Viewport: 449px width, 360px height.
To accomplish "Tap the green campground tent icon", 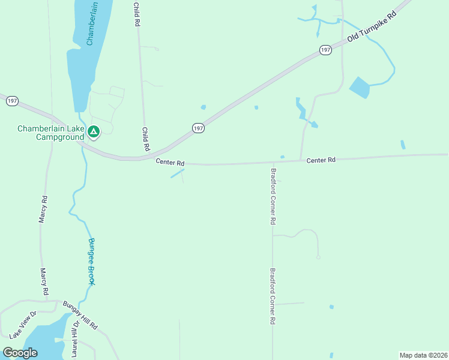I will [93, 131].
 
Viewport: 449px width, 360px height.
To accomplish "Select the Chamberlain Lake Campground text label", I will [50, 133].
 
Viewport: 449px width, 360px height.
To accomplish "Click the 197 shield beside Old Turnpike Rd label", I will [325, 50].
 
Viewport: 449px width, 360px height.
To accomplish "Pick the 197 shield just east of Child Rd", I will [199, 128].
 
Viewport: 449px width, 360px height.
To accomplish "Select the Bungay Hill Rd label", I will [79, 316].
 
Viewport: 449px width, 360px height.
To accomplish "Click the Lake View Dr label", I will [23, 323].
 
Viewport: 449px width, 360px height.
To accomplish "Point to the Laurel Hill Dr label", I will [75, 339].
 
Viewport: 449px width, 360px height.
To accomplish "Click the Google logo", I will [20, 353].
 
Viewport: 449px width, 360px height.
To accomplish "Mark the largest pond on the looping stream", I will [360, 88].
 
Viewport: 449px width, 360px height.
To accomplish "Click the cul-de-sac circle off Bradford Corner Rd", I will [318, 257].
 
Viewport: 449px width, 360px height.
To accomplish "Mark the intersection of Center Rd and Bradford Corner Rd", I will [273, 161].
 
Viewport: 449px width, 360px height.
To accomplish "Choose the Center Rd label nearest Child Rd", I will [169, 162].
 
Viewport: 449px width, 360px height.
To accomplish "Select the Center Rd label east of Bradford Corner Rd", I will [321, 160].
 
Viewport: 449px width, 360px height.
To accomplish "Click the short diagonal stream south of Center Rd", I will [176, 173].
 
